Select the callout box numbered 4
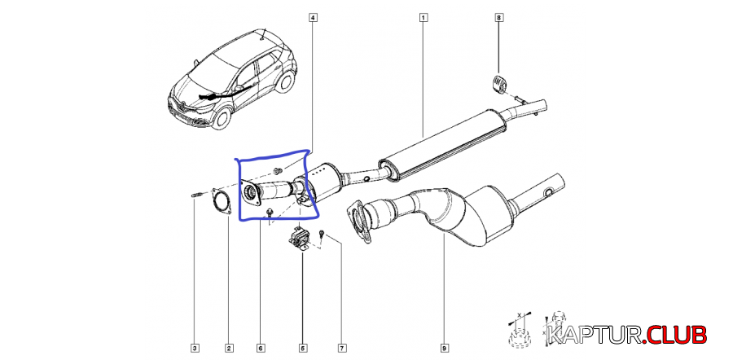[313, 16]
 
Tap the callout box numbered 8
[498, 16]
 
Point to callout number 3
[195, 349]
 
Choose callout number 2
[228, 349]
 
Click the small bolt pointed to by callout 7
[323, 235]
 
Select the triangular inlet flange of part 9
[358, 220]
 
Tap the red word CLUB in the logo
[678, 333]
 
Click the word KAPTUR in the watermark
[595, 333]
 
